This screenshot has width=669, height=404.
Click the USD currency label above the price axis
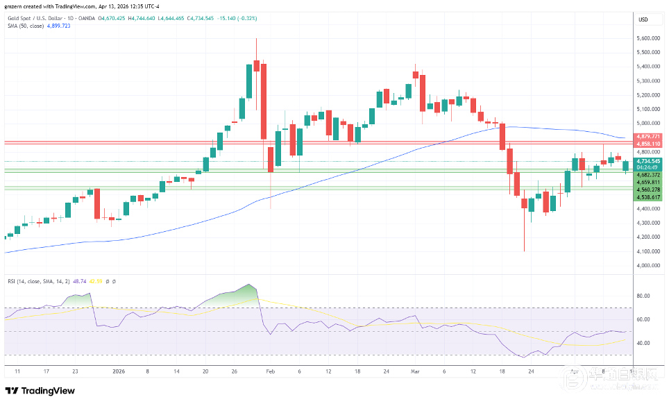(x=643, y=19)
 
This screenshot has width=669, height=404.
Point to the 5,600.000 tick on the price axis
(x=647, y=39)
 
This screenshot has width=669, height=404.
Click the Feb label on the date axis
(x=270, y=371)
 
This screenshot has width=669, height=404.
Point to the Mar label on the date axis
(x=415, y=371)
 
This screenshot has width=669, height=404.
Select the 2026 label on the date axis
(x=119, y=371)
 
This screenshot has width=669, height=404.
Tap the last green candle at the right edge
(x=626, y=166)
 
